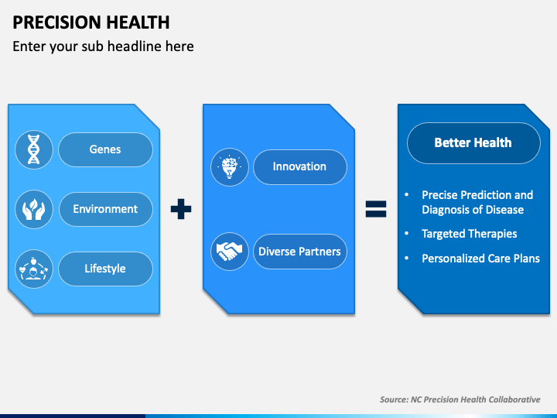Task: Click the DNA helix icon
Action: click(x=34, y=149)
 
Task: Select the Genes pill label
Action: click(x=105, y=149)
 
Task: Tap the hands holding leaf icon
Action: click(x=34, y=209)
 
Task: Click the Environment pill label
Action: click(x=105, y=209)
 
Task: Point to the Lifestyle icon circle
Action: click(x=34, y=269)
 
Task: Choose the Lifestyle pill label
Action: click(x=105, y=269)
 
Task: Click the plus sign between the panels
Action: click(x=181, y=209)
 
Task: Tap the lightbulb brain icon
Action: click(x=230, y=167)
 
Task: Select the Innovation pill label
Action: click(x=300, y=167)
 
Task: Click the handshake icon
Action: click(x=230, y=252)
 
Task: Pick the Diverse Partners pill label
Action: click(x=300, y=252)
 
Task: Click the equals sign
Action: click(x=376, y=209)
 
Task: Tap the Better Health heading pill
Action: click(x=473, y=143)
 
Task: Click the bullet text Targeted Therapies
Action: click(x=470, y=234)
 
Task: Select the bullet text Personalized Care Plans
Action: click(x=480, y=259)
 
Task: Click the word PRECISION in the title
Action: click(x=56, y=22)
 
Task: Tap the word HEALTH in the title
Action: click(x=138, y=22)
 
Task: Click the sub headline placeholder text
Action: click(x=103, y=46)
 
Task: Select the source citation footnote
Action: click(x=460, y=399)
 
